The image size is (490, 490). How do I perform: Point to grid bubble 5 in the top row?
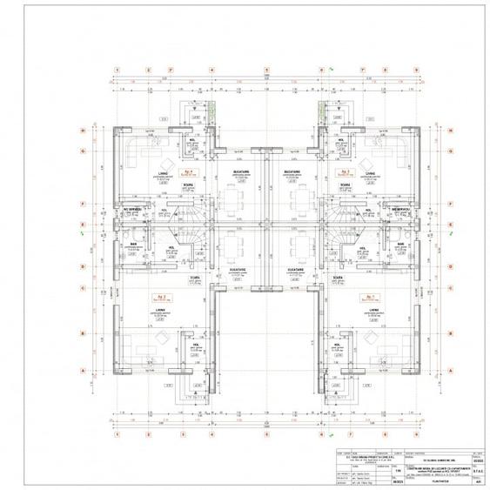coord(268,70)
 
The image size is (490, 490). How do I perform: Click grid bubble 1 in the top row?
coord(117,70)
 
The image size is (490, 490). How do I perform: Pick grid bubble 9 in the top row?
coord(416,70)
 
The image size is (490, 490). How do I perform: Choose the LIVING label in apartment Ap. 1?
coord(372,308)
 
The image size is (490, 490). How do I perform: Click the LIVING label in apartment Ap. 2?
coord(160,308)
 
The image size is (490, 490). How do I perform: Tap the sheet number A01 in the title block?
coord(477,478)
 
